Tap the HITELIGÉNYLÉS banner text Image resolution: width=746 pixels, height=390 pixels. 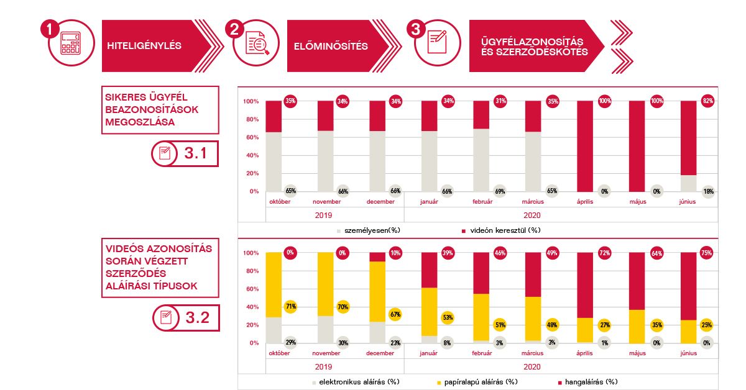point(144,46)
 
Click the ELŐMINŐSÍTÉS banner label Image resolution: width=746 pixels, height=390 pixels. point(331,46)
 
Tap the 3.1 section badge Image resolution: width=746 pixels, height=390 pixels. point(185,154)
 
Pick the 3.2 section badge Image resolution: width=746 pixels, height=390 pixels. point(186,319)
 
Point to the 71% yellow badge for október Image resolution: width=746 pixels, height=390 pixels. point(290,306)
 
